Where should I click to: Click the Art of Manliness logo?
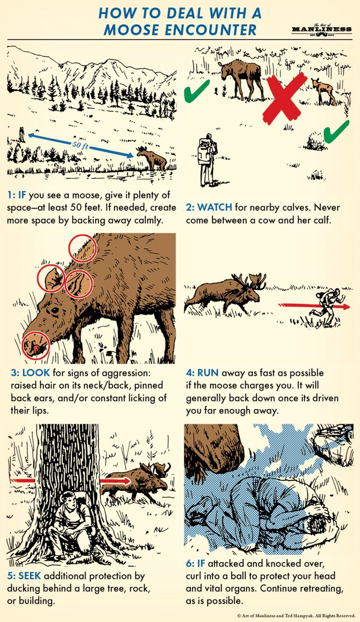pos(321,29)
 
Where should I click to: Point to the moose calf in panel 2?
pos(323,90)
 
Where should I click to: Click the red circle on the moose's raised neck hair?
pos(82,248)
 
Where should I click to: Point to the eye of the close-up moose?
pos(55,310)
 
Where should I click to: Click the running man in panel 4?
pos(327,305)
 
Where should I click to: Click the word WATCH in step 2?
pos(214,207)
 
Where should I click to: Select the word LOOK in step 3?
pos(34,373)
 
